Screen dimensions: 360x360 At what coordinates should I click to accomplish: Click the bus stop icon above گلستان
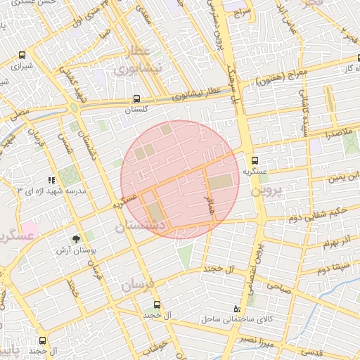136,100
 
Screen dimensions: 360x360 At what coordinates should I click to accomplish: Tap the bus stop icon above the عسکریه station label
256,160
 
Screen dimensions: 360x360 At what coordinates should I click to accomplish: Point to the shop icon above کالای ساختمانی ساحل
236,309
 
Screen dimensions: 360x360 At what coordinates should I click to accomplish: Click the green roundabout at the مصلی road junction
73,108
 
